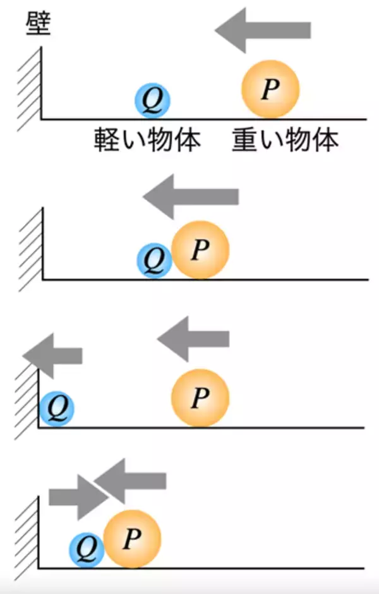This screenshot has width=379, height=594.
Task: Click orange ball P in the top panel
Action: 270,89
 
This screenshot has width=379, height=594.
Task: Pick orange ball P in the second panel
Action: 200,249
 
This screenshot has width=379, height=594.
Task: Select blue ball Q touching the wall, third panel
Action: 57,409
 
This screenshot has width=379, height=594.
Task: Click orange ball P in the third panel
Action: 200,397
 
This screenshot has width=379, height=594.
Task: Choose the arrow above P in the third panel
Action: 193,339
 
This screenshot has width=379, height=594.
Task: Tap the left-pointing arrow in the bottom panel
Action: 133,482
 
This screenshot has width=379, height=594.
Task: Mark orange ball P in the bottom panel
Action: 132,538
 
